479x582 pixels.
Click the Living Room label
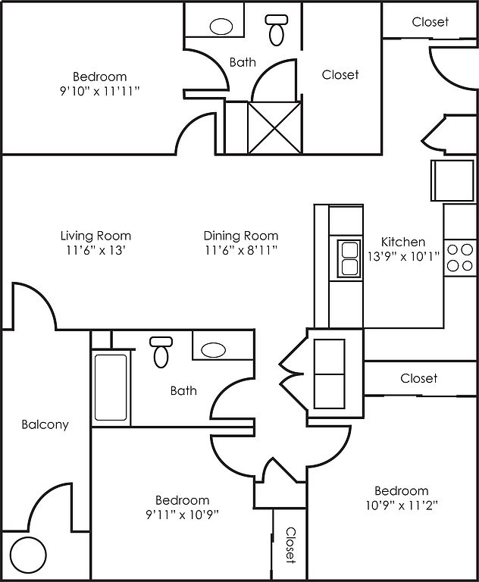(95, 236)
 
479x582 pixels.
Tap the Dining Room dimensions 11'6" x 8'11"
(241, 251)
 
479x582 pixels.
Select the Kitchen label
(403, 242)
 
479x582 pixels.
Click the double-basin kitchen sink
(349, 258)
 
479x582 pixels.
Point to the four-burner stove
(460, 258)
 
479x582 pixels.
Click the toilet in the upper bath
(277, 30)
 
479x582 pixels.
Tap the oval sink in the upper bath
(221, 27)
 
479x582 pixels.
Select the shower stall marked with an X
(274, 127)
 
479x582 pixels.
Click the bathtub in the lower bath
(111, 387)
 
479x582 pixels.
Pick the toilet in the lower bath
(161, 352)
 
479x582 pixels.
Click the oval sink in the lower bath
(213, 349)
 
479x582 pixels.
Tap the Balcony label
(45, 424)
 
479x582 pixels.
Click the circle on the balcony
(28, 555)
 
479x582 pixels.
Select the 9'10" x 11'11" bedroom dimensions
(100, 91)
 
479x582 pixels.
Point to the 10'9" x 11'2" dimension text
(402, 505)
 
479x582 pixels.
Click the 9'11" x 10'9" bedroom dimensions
(183, 515)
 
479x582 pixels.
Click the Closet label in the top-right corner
(430, 22)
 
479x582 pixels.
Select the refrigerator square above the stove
(452, 180)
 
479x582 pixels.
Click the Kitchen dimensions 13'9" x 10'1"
(404, 256)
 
